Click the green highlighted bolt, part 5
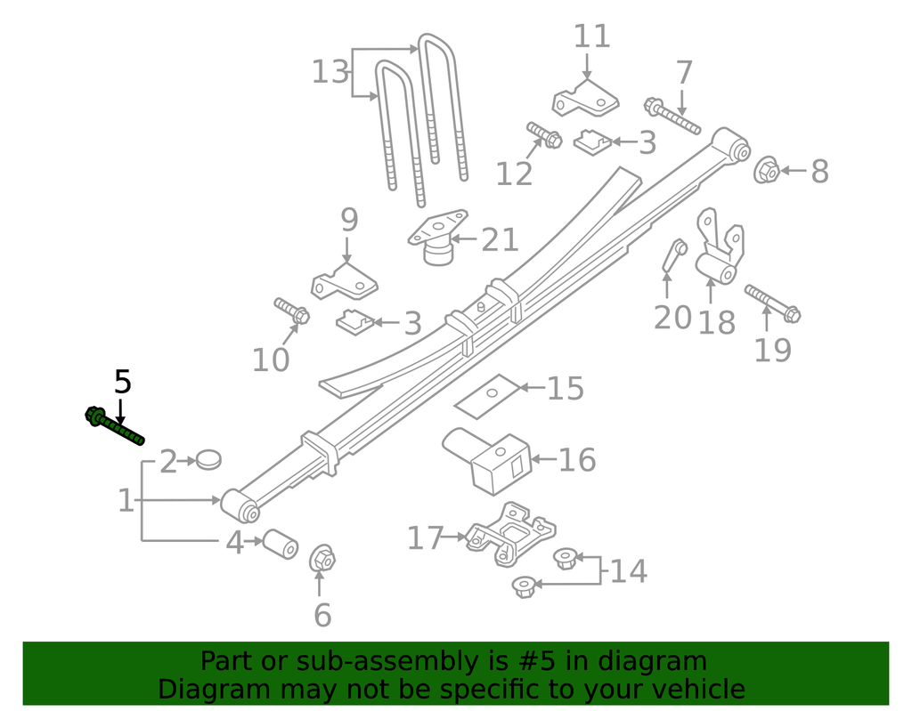coord(115,426)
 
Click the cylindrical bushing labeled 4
coord(278,544)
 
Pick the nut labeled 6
coord(322,560)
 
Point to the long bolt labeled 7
coord(672,116)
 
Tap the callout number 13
coord(330,71)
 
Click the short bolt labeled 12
coord(542,134)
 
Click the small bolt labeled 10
coord(291,311)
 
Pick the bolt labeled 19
coord(771,303)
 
